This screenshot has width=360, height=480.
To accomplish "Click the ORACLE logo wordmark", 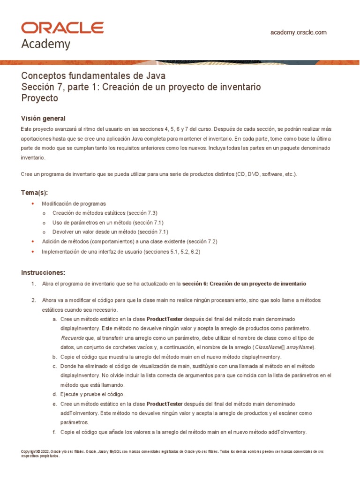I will pyautogui.click(x=62, y=28).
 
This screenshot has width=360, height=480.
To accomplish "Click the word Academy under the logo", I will pyautogui.click(x=46, y=44).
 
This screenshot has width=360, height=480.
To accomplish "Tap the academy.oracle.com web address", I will pyautogui.click(x=299, y=32).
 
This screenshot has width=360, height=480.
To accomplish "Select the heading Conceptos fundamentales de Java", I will pyautogui.click(x=93, y=76).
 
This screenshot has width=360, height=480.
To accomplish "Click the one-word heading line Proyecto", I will pyautogui.click(x=40, y=98).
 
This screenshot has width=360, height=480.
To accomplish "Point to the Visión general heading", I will pyautogui.click(x=44, y=118).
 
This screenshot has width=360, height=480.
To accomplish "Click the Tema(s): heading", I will pyautogui.click(x=35, y=193).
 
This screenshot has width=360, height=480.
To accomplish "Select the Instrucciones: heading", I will pyautogui.click(x=43, y=272).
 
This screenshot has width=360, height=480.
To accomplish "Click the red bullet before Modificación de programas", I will pyautogui.click(x=32, y=204).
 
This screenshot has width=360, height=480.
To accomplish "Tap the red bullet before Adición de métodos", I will pyautogui.click(x=32, y=241).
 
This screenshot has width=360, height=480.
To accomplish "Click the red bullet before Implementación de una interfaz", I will pyautogui.click(x=32, y=252).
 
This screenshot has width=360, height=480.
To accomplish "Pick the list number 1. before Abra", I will pyautogui.click(x=33, y=284).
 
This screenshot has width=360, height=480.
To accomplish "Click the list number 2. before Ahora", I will pyautogui.click(x=33, y=300).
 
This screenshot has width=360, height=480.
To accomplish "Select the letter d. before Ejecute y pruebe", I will pyautogui.click(x=54, y=394).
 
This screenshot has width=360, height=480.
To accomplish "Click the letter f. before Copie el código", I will pyautogui.click(x=54, y=432).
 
